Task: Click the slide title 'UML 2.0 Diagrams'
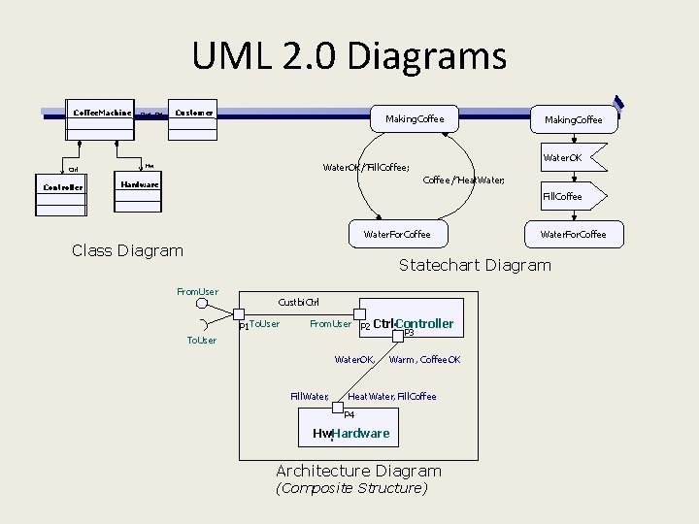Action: [x=349, y=55]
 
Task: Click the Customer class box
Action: [x=194, y=113]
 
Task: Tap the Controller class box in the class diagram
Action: [x=63, y=186]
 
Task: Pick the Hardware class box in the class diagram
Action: [x=140, y=184]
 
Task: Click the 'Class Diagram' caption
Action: [x=127, y=250]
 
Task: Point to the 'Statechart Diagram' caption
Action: [x=475, y=265]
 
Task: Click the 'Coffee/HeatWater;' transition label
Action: [x=464, y=181]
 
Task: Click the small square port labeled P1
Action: [x=239, y=313]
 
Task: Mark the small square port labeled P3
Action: [x=397, y=336]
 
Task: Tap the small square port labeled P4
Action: [x=337, y=409]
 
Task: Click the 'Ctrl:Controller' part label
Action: [x=414, y=323]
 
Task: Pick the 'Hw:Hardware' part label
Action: [x=350, y=433]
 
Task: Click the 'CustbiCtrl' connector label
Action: [x=298, y=303]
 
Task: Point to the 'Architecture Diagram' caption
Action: [x=358, y=471]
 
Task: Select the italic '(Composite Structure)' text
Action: [x=351, y=488]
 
